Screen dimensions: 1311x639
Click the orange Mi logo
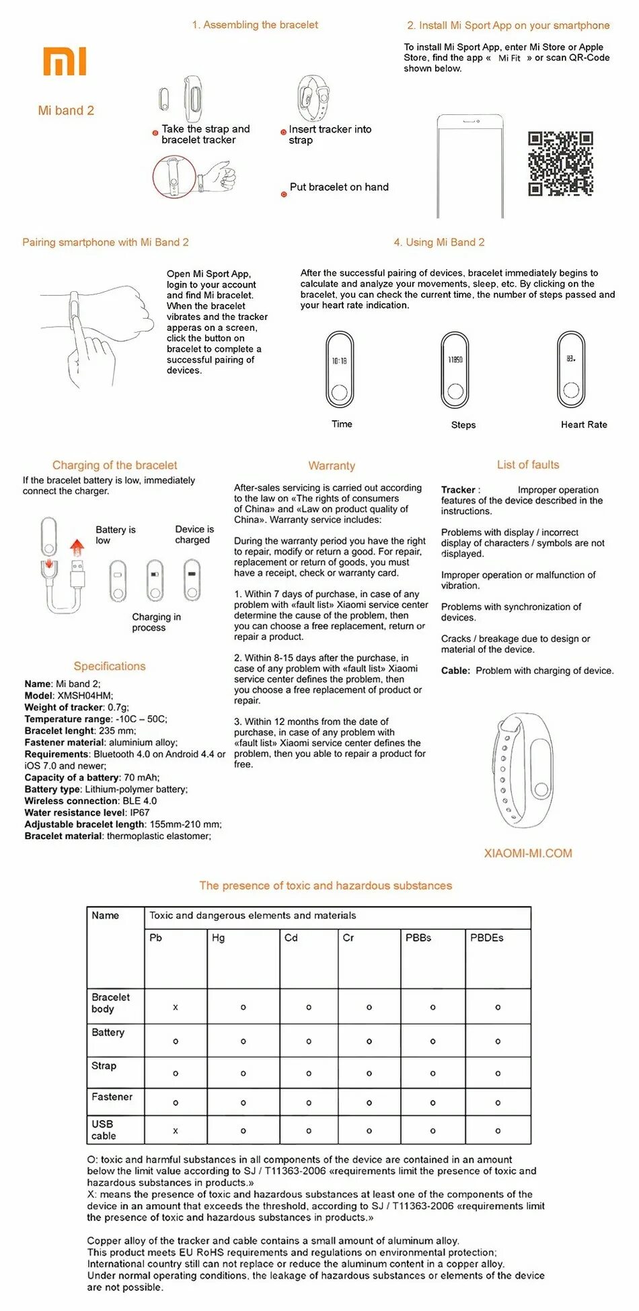tap(65, 61)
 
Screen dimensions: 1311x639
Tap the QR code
tap(560, 163)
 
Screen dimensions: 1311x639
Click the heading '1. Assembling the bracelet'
tap(255, 25)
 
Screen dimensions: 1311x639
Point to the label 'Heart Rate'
tap(584, 425)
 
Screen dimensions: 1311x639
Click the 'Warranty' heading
tap(332, 466)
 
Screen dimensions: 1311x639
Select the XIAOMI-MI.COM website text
tap(528, 853)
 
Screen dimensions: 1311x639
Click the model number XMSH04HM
tap(85, 696)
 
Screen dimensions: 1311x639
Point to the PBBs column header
tap(418, 938)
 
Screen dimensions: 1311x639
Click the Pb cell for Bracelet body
tap(176, 1007)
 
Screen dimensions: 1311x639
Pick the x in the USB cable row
tap(176, 1131)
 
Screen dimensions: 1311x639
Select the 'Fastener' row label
tap(112, 1097)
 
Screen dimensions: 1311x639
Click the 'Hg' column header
tap(219, 938)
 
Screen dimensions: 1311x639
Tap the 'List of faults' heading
tap(528, 465)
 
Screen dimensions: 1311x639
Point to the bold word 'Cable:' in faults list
tap(455, 671)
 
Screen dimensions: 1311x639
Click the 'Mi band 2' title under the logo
tap(66, 111)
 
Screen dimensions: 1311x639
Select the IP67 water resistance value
tap(140, 812)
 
